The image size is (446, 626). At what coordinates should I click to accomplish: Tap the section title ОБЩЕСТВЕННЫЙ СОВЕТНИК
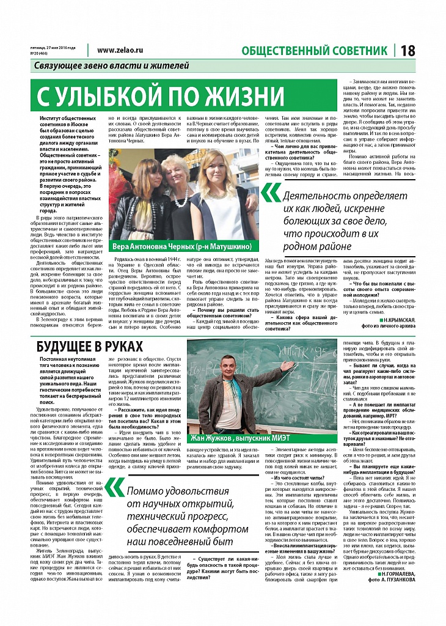(x=315, y=51)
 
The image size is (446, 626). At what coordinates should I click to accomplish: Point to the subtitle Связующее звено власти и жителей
(x=112, y=65)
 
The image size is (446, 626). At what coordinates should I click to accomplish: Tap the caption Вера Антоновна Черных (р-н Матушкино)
(x=181, y=246)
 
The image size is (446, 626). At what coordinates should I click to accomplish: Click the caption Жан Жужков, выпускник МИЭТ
(x=260, y=437)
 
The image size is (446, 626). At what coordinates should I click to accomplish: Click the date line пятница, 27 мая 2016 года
(x=53, y=48)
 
